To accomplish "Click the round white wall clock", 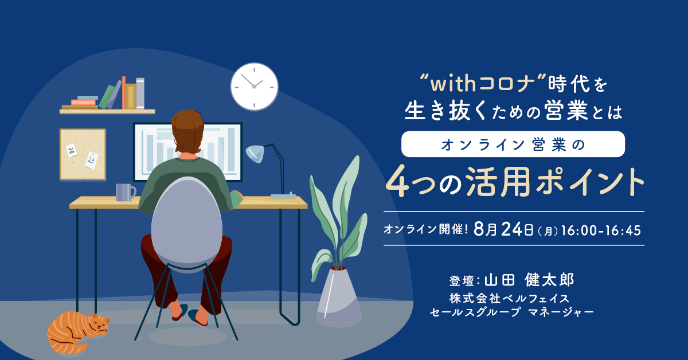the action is (x=255, y=87).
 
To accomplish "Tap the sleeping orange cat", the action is (x=77, y=333).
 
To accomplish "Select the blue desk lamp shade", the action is (x=255, y=153).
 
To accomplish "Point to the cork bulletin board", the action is (x=83, y=154).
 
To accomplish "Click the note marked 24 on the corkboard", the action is (x=92, y=160).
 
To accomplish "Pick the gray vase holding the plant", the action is (x=339, y=295).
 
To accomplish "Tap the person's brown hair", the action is (x=187, y=131).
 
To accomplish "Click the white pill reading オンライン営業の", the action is (x=513, y=144).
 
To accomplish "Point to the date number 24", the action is (x=511, y=229).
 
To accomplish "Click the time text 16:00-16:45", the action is (x=601, y=230).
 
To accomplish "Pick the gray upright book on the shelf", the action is (x=140, y=93).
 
